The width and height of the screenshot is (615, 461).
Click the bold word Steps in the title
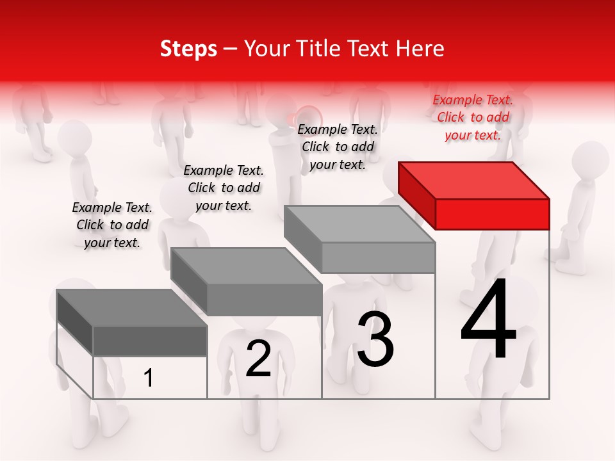(188, 49)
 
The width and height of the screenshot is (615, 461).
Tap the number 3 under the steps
(375, 339)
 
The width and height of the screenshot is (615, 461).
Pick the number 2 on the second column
(258, 359)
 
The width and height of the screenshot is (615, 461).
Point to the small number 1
(149, 378)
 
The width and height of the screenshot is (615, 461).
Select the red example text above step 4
(473, 117)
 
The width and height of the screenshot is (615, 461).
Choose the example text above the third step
(338, 147)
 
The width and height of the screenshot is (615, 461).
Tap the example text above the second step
(224, 188)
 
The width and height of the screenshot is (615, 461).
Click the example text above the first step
(112, 225)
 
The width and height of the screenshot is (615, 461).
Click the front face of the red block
(492, 214)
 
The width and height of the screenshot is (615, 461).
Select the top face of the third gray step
(359, 224)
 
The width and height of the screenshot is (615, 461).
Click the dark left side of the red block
(416, 192)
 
